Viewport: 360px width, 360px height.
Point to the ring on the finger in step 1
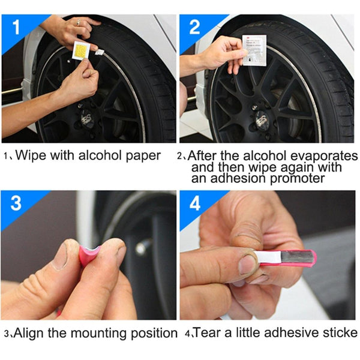click(77, 22)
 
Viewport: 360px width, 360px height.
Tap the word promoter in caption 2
click(301, 178)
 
